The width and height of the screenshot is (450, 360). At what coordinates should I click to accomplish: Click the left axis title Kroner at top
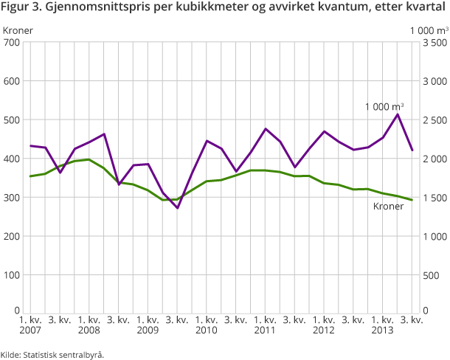pos(18,30)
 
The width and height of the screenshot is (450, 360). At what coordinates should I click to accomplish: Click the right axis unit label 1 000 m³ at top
pos(429,30)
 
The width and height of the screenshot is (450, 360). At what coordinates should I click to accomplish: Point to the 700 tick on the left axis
pos(11,42)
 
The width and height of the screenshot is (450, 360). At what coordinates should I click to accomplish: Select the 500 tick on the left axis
pos(11,120)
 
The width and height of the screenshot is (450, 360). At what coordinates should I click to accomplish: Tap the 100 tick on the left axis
pos(11,275)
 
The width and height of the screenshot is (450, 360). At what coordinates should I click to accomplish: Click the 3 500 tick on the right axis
pos(432,42)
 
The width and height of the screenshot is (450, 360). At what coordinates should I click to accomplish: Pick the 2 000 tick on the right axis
pos(432,159)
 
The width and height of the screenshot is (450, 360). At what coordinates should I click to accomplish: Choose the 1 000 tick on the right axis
pos(432,236)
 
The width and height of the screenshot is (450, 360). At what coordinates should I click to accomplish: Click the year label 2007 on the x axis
pos(30,330)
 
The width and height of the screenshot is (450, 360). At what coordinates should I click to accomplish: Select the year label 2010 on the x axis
pos(207,330)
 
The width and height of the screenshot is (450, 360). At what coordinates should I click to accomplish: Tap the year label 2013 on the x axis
pos(383,330)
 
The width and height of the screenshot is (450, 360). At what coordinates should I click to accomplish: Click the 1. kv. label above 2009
pos(148,320)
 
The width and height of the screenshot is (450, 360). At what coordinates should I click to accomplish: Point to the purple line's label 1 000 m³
pos(384,106)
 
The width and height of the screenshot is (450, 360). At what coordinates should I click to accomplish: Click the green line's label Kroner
pos(388,207)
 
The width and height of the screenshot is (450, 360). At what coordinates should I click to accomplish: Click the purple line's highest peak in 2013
pos(398,114)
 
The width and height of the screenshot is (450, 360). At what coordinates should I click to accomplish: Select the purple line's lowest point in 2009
pos(177,208)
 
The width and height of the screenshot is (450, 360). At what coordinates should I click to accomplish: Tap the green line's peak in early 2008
pos(89,159)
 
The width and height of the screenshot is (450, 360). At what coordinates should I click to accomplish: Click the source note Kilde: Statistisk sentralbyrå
pos(52,354)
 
